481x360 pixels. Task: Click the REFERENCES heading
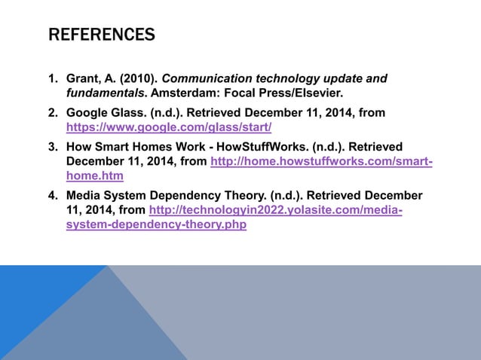click(102, 35)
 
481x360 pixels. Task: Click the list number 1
click(54, 78)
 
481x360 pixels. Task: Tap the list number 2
click(54, 113)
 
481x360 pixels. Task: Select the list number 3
click(54, 147)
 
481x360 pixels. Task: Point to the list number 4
click(54, 196)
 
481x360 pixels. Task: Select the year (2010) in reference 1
click(136, 78)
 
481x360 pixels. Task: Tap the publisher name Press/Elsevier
click(302, 93)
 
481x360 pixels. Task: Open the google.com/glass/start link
click(169, 127)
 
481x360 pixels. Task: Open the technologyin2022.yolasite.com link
click(276, 210)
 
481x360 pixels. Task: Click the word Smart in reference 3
click(112, 147)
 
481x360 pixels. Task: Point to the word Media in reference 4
click(84, 196)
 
